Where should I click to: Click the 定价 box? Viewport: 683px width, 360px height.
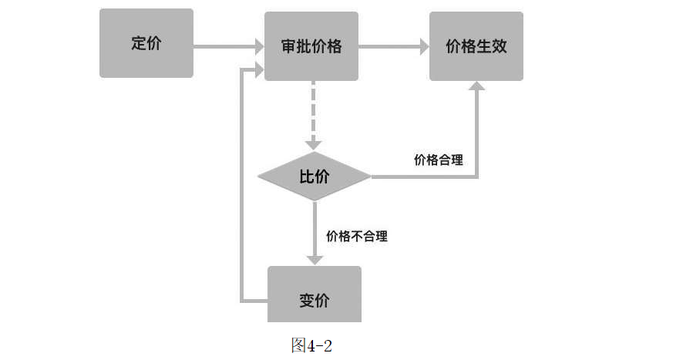point(146,44)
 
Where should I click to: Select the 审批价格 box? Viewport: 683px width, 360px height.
point(311,46)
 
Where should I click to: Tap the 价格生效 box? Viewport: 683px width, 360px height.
point(476,46)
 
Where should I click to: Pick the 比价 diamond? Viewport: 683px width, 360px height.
point(314,177)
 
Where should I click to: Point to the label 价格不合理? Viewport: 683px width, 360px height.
point(357,236)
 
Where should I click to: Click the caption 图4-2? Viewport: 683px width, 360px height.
point(311,345)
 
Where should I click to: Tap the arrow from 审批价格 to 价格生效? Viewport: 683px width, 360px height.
point(393,46)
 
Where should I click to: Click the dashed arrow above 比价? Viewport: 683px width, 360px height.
point(313,116)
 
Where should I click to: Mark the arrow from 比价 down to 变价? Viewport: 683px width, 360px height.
point(315,231)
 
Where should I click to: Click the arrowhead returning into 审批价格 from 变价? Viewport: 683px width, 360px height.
point(255,71)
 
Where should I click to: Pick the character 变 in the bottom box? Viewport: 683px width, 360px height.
point(306,300)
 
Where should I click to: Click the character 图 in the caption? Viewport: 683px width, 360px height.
point(298,345)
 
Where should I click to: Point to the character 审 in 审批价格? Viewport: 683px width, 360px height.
point(289,46)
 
